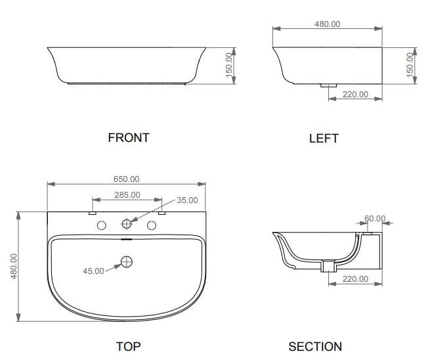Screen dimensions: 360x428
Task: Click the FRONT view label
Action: pyautogui.click(x=128, y=138)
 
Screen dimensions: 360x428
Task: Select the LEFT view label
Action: pyautogui.click(x=324, y=139)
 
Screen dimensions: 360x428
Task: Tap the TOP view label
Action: pyautogui.click(x=128, y=346)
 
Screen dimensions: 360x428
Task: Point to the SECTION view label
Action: pyautogui.click(x=315, y=346)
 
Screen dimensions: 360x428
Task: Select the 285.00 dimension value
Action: pyautogui.click(x=127, y=194)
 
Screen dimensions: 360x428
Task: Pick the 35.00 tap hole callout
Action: pyautogui.click(x=187, y=200)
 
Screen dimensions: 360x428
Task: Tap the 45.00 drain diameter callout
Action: pyautogui.click(x=93, y=271)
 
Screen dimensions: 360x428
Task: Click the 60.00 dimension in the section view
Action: pyautogui.click(x=375, y=219)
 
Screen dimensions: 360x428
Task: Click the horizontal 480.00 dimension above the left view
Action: pyautogui.click(x=328, y=24)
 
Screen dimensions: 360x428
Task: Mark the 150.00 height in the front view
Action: pyautogui.click(x=230, y=65)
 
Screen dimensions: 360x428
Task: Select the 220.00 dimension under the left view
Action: pyautogui.click(x=355, y=95)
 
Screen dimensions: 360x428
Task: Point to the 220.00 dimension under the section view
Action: pyautogui.click(x=355, y=279)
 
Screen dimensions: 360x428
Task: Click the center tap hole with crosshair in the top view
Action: pyautogui.click(x=127, y=225)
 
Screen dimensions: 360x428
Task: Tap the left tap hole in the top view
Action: pyautogui.click(x=102, y=225)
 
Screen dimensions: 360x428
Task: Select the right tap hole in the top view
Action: pyautogui.click(x=152, y=225)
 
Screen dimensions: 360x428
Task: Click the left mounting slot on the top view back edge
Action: pyautogui.click(x=92, y=213)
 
